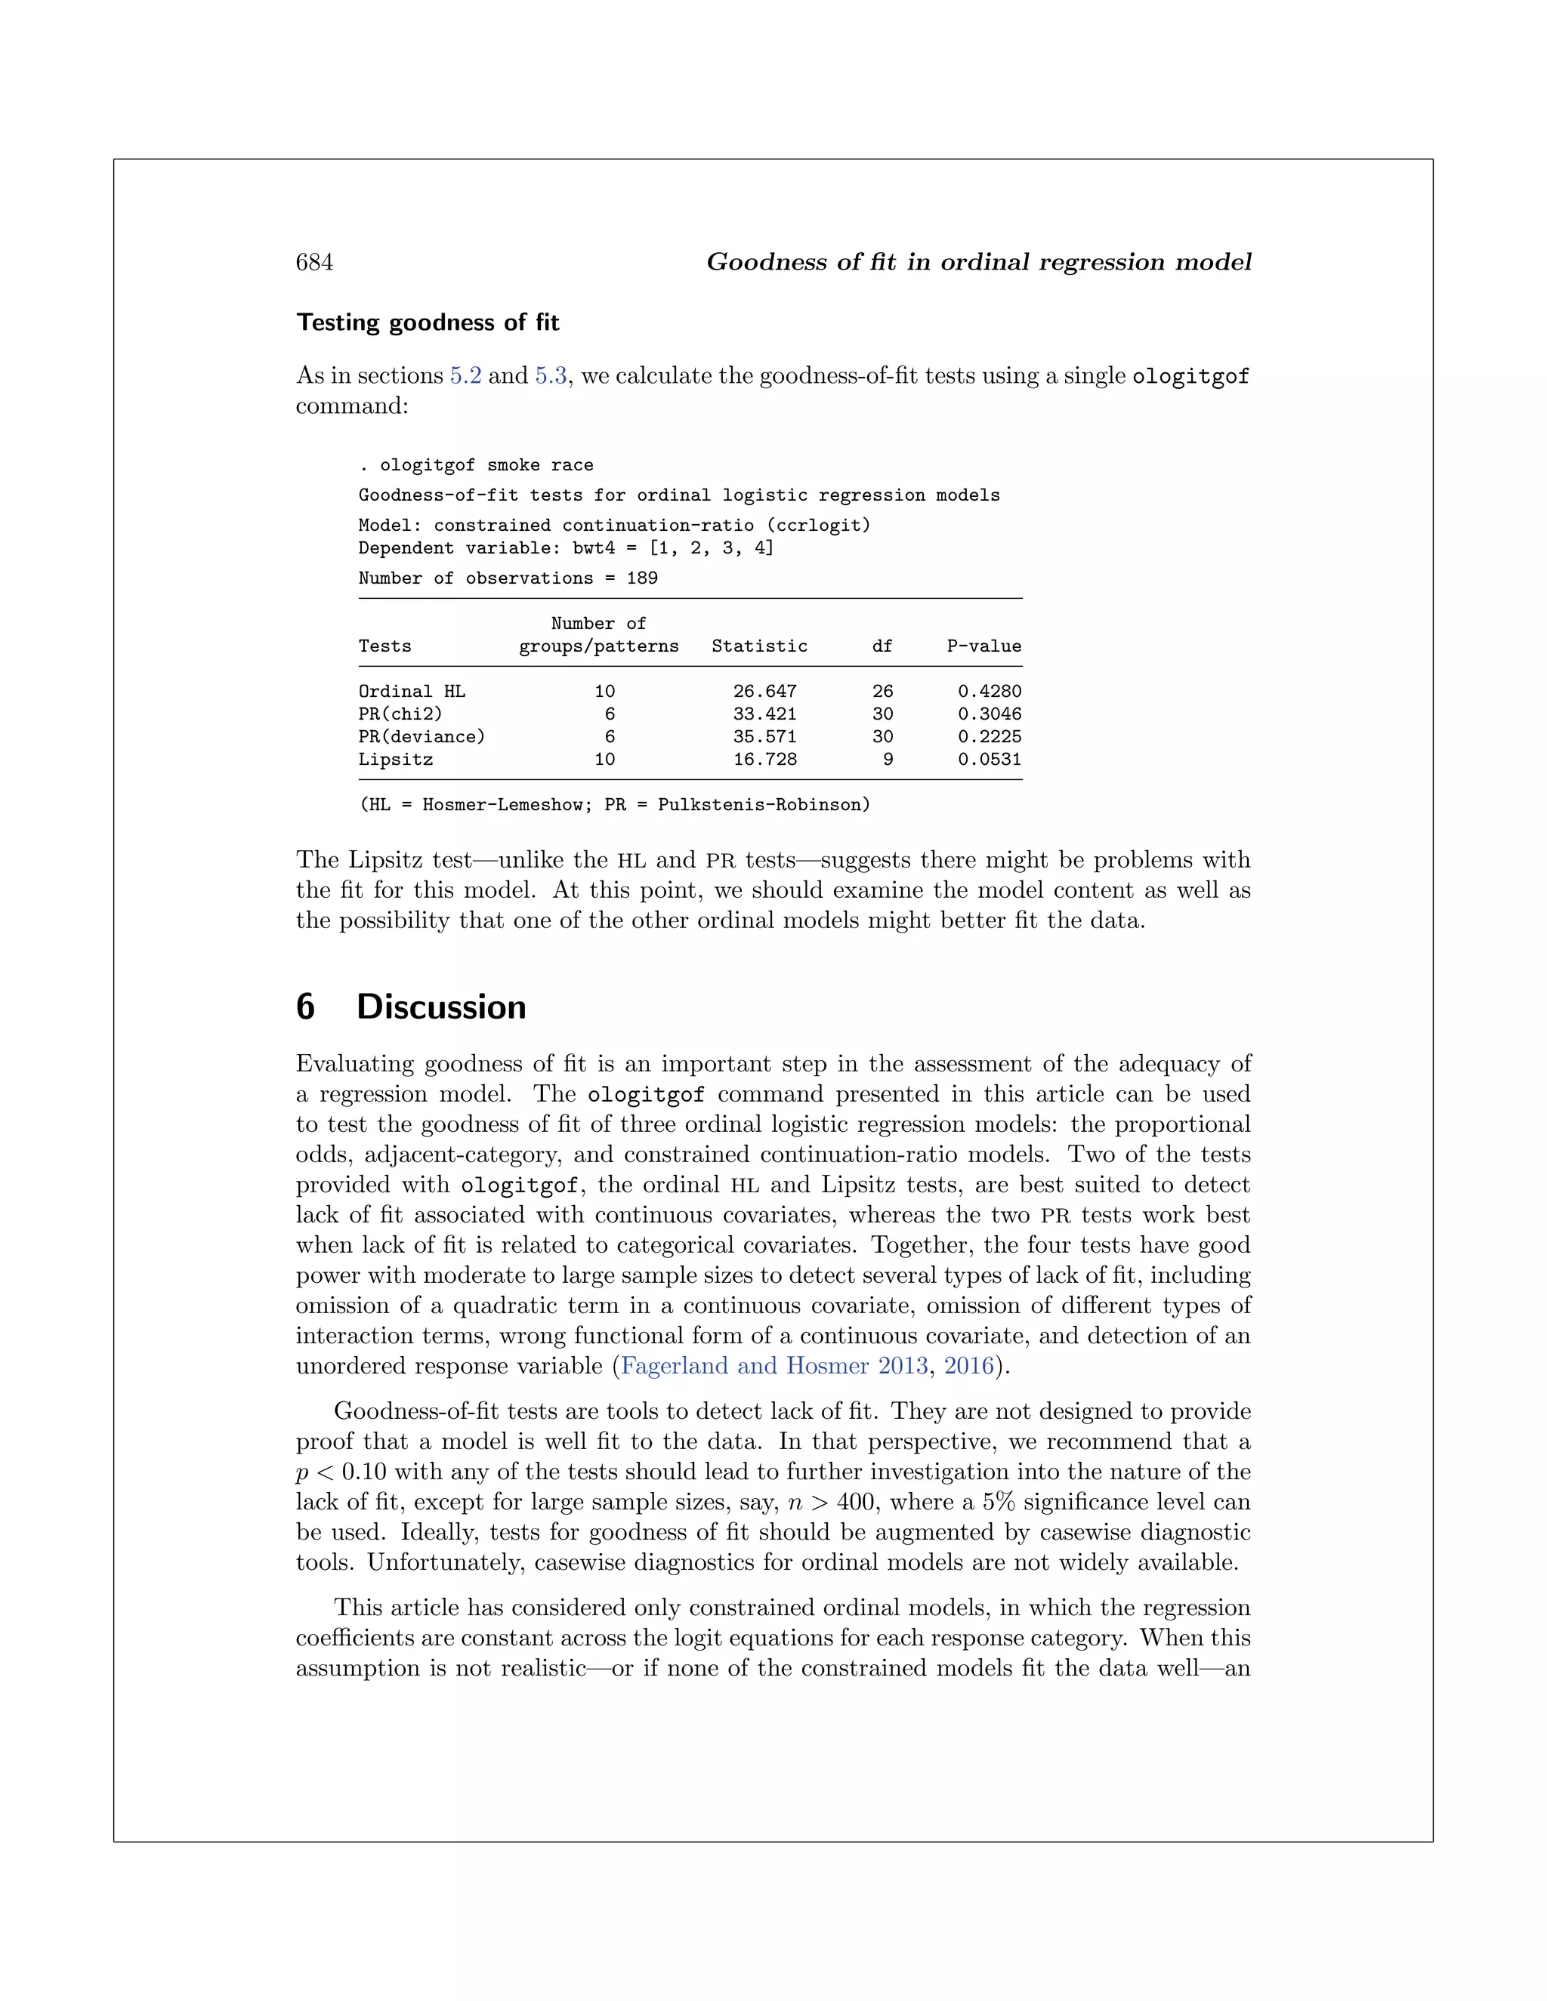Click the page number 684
point(314,263)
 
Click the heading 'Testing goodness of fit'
point(427,322)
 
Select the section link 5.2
point(465,375)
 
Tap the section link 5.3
point(551,375)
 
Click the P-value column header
point(983,646)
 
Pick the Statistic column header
point(759,646)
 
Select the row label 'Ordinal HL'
point(412,692)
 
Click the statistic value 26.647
point(764,692)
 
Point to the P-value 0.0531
point(989,760)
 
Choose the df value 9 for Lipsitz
point(887,760)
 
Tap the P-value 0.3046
point(989,714)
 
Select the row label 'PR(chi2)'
point(400,714)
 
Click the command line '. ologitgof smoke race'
point(476,465)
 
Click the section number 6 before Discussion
point(305,1007)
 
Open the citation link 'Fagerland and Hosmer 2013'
point(774,1366)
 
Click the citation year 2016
point(968,1366)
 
